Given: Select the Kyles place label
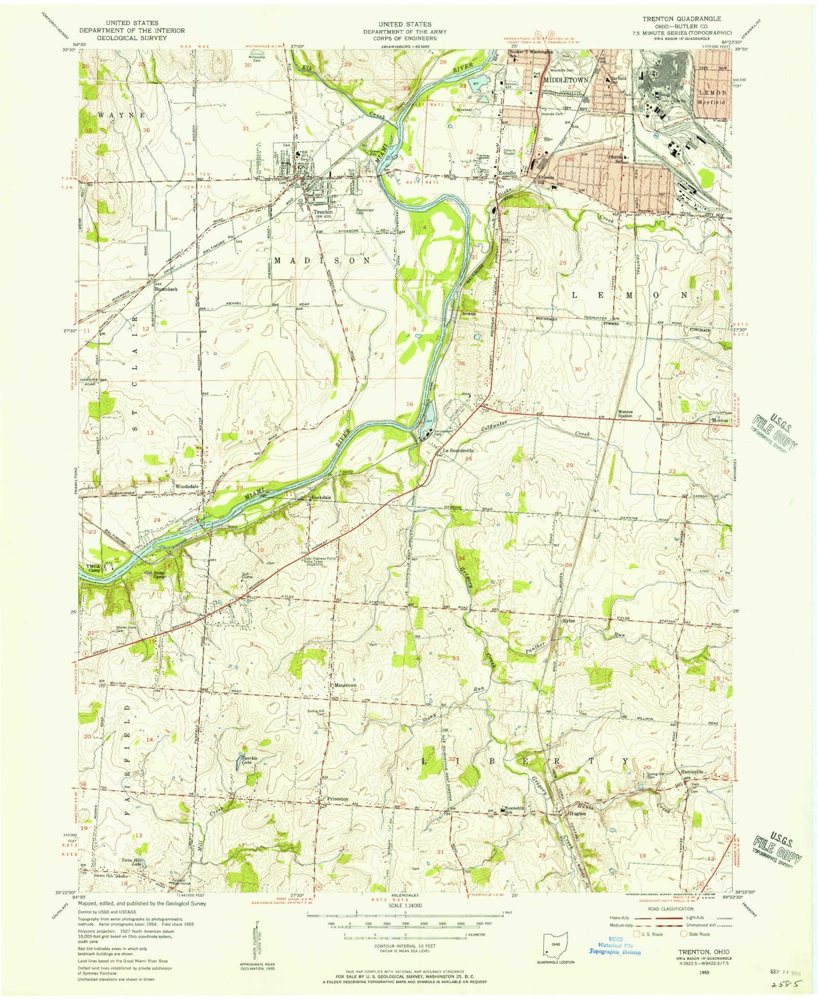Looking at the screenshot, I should tap(568, 620).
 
